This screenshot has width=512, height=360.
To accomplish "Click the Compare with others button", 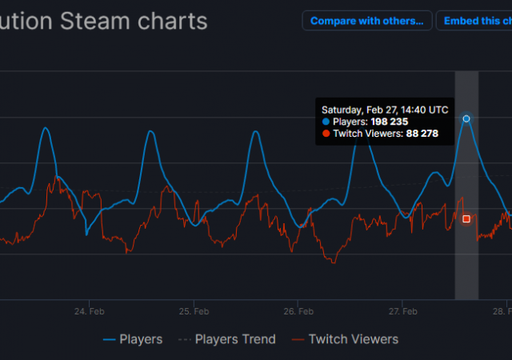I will (367, 21).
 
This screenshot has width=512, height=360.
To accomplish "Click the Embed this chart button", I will (474, 21).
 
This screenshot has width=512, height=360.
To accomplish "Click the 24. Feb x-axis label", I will (89, 311).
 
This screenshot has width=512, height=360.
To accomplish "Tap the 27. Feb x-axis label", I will (403, 311).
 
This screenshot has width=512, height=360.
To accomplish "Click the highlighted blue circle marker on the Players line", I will (466, 118).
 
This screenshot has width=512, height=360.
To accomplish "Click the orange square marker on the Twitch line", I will (466, 218).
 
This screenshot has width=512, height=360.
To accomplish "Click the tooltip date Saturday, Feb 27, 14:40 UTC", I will (385, 110).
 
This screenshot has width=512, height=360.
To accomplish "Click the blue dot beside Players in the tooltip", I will (326, 122).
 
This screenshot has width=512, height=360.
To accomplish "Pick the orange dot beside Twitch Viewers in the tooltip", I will (326, 134).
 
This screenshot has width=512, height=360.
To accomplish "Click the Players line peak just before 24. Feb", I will (46, 128).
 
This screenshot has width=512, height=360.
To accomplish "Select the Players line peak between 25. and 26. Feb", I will (255, 131).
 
